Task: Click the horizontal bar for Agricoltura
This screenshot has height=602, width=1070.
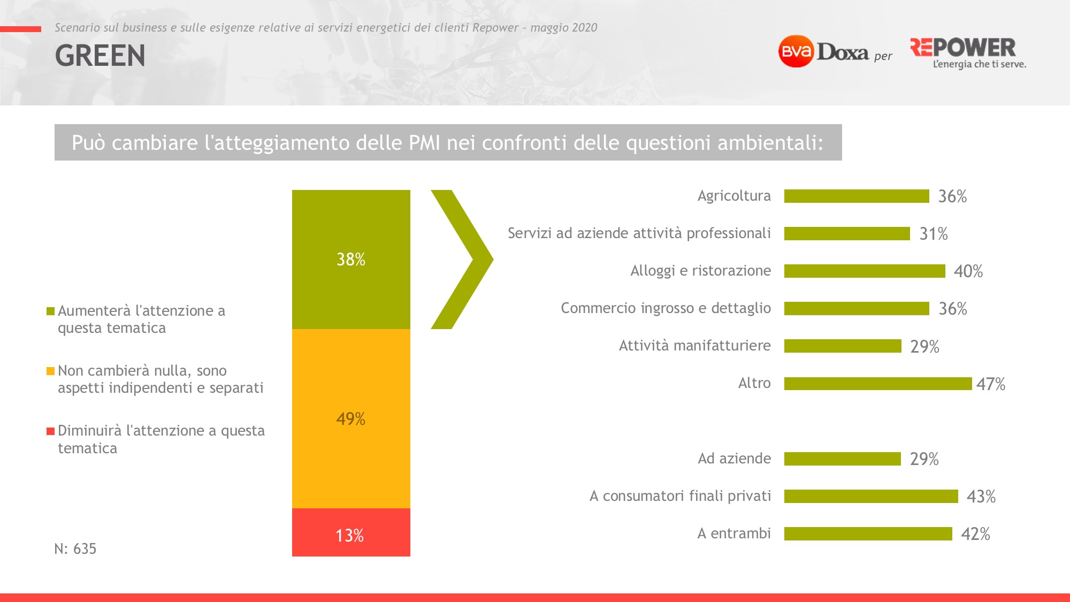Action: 857,196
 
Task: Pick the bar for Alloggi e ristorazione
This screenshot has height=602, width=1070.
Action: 865,271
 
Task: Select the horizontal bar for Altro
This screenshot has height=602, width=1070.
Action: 878,384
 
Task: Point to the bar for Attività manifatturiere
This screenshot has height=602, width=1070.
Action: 843,346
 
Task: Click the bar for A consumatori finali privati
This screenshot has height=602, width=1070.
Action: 871,496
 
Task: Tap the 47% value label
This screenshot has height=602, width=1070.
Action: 991,384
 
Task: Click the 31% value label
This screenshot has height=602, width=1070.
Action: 934,234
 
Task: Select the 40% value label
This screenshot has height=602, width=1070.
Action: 968,271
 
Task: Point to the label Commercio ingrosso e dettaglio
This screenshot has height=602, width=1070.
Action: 666,308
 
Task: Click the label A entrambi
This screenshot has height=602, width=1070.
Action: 734,534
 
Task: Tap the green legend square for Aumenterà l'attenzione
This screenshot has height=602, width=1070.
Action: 51,311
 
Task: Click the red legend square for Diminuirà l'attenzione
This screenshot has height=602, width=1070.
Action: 51,431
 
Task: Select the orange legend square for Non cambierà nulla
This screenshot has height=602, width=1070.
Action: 51,371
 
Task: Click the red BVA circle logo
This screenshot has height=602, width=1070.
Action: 796,51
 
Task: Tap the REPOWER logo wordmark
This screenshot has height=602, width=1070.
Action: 963,48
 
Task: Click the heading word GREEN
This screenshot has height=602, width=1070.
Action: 100,56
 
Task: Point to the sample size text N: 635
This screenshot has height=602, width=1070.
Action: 75,548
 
